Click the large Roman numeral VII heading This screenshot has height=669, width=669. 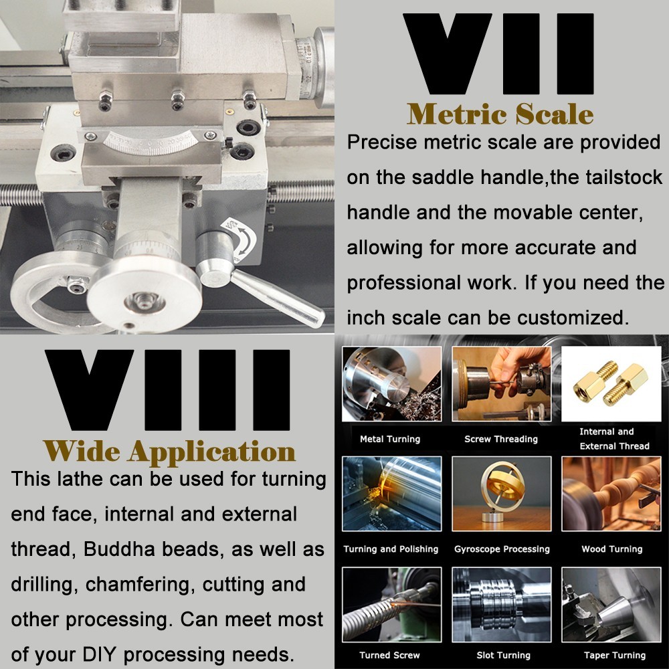point(498,54)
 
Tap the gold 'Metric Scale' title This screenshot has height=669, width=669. point(500,114)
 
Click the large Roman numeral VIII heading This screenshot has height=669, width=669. point(167,390)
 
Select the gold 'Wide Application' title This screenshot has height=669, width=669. point(169,452)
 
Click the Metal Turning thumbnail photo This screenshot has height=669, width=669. point(391,384)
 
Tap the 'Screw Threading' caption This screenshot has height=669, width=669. point(501,439)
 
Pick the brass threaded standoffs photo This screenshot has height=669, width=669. point(611,384)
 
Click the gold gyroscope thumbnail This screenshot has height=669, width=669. point(502,494)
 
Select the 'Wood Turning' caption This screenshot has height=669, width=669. point(612,549)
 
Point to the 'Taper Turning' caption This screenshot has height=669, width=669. point(614,656)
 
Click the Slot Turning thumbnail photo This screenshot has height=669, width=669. point(502,605)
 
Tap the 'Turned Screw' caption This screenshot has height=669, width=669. point(389,656)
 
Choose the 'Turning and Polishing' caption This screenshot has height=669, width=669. point(391,549)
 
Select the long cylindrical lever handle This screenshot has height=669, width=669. point(278,298)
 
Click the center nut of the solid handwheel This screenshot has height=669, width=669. point(145,302)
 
